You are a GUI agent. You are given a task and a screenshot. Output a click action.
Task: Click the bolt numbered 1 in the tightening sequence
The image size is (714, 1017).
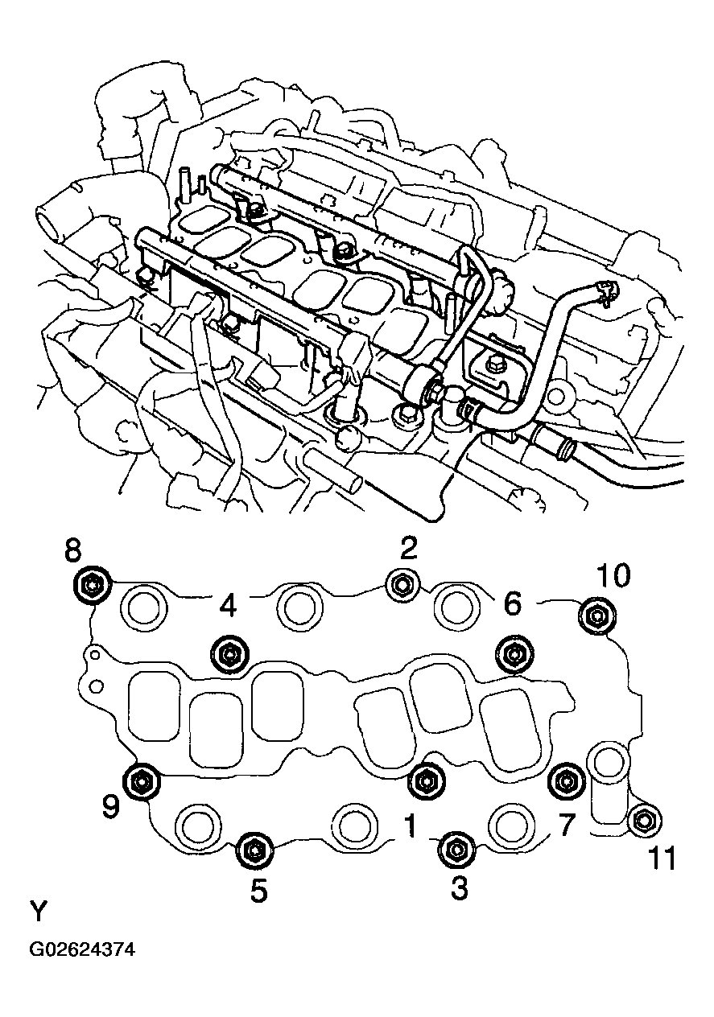[x=426, y=779]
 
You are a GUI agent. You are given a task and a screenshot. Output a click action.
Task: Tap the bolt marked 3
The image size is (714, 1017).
[x=456, y=849]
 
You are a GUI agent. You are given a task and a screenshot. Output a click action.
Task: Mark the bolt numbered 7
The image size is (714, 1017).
[x=566, y=779]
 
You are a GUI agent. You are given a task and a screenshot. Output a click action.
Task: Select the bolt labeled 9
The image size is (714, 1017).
[x=142, y=780]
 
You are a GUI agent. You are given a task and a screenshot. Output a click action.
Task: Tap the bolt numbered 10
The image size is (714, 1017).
[x=596, y=616]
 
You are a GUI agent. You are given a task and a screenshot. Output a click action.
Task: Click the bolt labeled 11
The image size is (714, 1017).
[x=645, y=820]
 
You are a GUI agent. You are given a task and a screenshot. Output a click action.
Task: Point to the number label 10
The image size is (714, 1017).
[x=613, y=576]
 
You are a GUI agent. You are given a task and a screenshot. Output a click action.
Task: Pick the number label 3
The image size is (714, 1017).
[x=459, y=891]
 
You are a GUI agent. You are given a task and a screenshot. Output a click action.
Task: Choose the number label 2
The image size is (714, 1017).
[x=409, y=550]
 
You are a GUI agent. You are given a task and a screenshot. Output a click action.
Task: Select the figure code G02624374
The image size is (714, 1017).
[x=82, y=949]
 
